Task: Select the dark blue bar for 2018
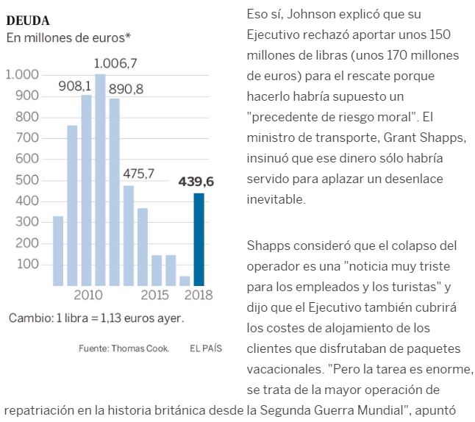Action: (x=199, y=239)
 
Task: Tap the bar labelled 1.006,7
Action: (x=100, y=179)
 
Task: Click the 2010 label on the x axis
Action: (x=87, y=296)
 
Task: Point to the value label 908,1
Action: (x=75, y=87)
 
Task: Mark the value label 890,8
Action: (x=126, y=89)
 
